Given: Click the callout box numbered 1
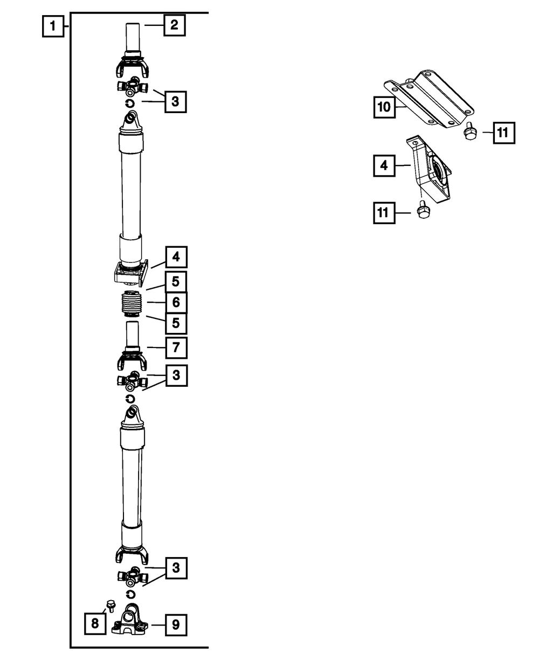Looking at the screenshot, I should click(53, 26).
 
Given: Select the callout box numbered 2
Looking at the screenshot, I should click(175, 25).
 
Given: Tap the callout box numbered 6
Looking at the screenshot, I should click(176, 303).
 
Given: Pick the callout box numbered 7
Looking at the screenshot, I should click(176, 347).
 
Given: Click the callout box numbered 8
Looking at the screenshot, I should click(95, 624).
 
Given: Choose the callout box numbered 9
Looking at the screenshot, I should click(176, 625).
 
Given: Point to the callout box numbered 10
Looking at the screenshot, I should click(384, 107).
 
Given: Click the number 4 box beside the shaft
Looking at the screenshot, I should click(176, 258).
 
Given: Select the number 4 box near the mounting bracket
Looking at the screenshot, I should click(384, 166).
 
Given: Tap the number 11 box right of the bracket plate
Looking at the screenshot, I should click(503, 133).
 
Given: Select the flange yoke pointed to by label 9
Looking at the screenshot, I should click(130, 622).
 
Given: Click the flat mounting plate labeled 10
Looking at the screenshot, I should click(429, 99).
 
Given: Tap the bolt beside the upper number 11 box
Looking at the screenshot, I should click(469, 131).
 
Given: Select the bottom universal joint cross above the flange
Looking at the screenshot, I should click(130, 577).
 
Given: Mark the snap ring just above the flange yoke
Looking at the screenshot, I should click(130, 594).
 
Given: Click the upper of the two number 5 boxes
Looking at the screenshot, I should click(176, 281).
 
